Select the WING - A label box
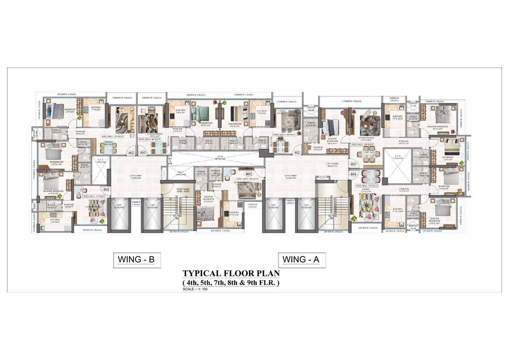pos(301,260)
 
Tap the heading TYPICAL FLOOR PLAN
pos(231,273)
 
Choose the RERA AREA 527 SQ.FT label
pos(95,196)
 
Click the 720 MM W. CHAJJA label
pos(92,230)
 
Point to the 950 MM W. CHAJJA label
pos(367,228)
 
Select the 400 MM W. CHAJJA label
pos(220,231)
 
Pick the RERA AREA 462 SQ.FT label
pos(150,140)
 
